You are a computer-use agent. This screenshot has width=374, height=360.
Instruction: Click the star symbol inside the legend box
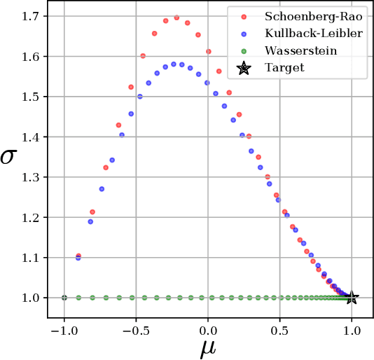coord(244,68)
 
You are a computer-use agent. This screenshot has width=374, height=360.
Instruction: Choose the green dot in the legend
coord(244,51)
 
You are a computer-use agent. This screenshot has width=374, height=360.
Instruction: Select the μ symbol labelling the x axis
coord(208,348)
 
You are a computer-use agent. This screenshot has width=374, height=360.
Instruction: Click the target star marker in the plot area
coord(352,298)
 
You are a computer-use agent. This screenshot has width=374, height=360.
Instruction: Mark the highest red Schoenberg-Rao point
coord(176,18)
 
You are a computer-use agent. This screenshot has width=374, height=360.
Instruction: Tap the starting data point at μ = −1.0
coord(64,298)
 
